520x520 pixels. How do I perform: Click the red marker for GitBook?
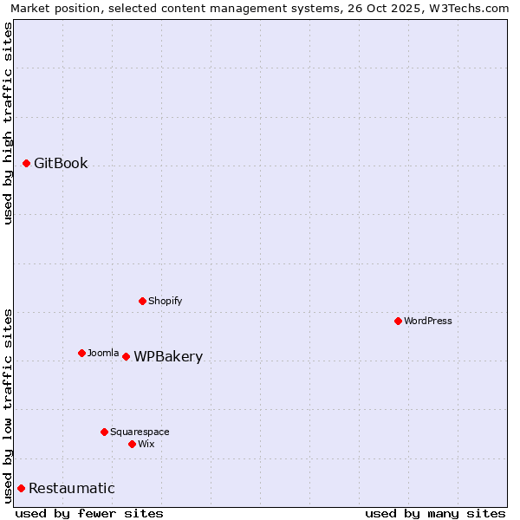click(x=26, y=163)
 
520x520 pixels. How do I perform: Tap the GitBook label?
click(x=61, y=163)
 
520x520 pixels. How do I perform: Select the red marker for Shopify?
click(x=142, y=301)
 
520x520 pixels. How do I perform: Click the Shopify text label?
click(x=165, y=301)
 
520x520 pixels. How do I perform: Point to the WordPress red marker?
click(x=398, y=321)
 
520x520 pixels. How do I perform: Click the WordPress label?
click(x=428, y=321)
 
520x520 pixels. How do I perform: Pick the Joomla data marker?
click(x=81, y=353)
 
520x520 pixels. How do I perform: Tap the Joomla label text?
click(x=103, y=353)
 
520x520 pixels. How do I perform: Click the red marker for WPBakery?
click(x=126, y=356)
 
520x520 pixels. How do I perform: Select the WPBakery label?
click(x=168, y=357)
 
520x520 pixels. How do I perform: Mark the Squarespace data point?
click(x=104, y=432)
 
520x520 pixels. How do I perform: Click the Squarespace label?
click(x=140, y=432)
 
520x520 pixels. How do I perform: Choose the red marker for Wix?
click(x=132, y=444)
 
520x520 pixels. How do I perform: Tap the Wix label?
click(x=146, y=444)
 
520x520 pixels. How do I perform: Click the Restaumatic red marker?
click(x=21, y=488)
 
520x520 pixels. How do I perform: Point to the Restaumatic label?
click(x=72, y=489)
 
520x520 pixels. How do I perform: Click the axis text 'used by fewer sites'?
click(x=89, y=513)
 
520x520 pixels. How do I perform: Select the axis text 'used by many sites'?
click(x=435, y=513)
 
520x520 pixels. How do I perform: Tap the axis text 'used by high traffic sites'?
click(x=8, y=123)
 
